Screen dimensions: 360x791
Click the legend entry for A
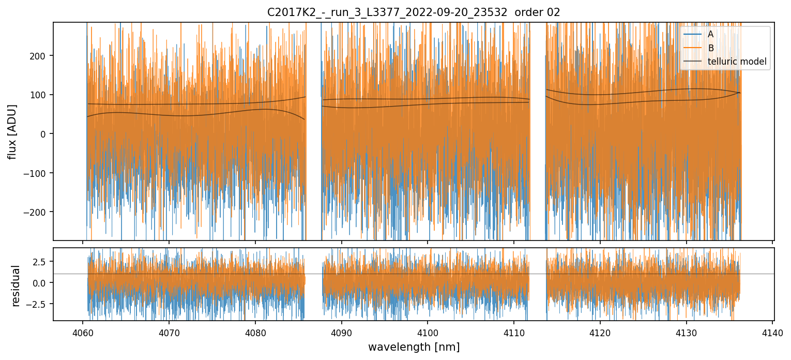pyautogui.click(x=710, y=34)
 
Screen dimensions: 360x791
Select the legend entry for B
pyautogui.click(x=710, y=48)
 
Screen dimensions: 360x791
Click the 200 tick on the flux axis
pyautogui.click(x=40, y=56)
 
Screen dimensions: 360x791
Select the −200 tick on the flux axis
pyautogui.click(x=37, y=212)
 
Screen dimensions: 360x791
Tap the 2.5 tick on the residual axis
pyautogui.click(x=41, y=262)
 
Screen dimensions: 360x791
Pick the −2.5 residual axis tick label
pyautogui.click(x=39, y=304)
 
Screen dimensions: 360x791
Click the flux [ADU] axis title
pyautogui.click(x=12, y=131)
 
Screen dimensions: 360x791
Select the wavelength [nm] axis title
pyautogui.click(x=414, y=347)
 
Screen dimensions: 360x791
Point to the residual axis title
pyautogui.click(x=16, y=286)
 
